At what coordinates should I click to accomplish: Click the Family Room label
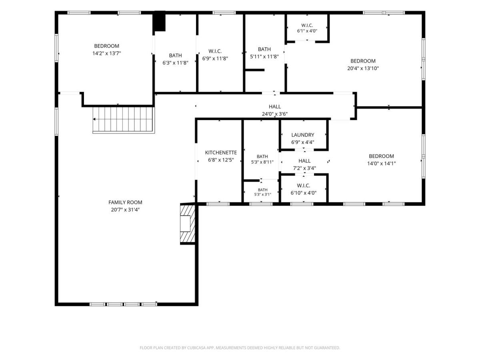[x=125, y=202]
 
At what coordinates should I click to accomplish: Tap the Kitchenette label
[x=221, y=152]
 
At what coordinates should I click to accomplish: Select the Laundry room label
[x=303, y=135]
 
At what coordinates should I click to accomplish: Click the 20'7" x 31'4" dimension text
[x=125, y=210]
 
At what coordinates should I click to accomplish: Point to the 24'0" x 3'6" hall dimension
[x=275, y=114]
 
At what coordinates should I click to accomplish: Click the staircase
[x=124, y=120]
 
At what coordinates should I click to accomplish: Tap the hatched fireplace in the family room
[x=188, y=223]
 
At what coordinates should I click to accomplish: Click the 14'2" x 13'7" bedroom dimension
[x=106, y=53]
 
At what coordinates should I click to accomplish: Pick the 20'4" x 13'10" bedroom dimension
[x=363, y=68]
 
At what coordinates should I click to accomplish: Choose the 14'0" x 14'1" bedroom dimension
[x=381, y=164]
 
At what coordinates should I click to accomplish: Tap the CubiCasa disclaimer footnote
[x=240, y=348]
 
